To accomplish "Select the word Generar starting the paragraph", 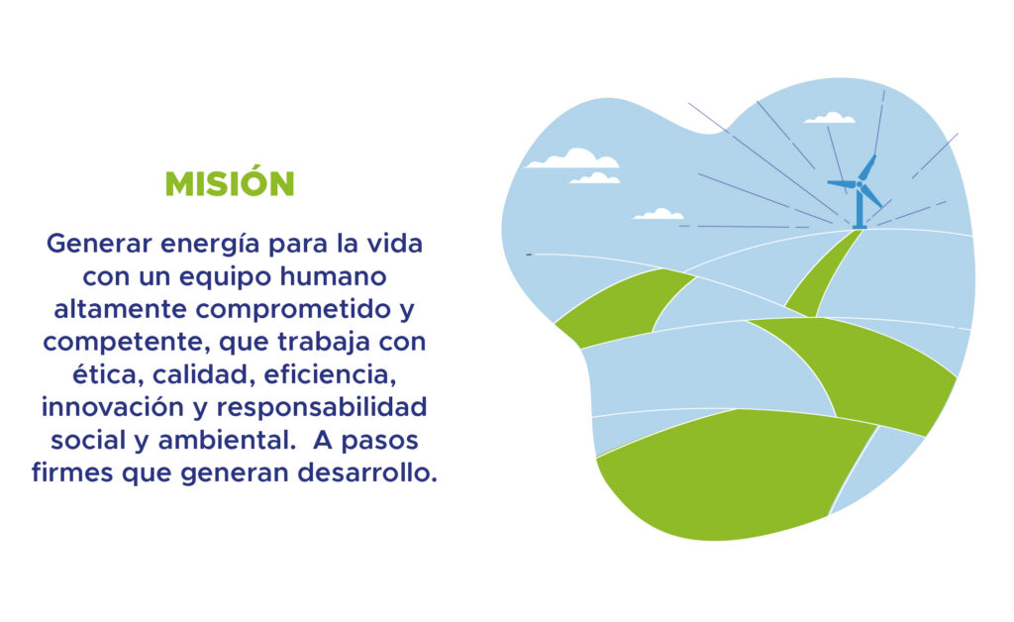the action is click(x=100, y=244).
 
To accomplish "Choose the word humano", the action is click(x=334, y=276).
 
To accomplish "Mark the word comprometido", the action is click(x=294, y=310).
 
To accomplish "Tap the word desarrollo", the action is click(x=366, y=472).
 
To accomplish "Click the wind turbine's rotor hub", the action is click(x=860, y=184).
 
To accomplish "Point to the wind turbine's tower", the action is click(x=860, y=207).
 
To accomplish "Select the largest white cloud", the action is click(x=572, y=158).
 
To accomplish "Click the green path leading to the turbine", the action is click(x=823, y=274).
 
